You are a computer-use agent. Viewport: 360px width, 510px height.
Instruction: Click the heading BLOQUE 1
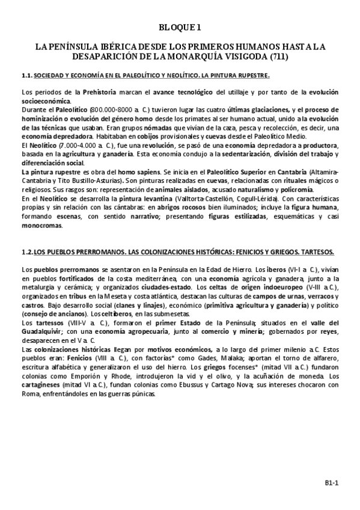180,27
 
